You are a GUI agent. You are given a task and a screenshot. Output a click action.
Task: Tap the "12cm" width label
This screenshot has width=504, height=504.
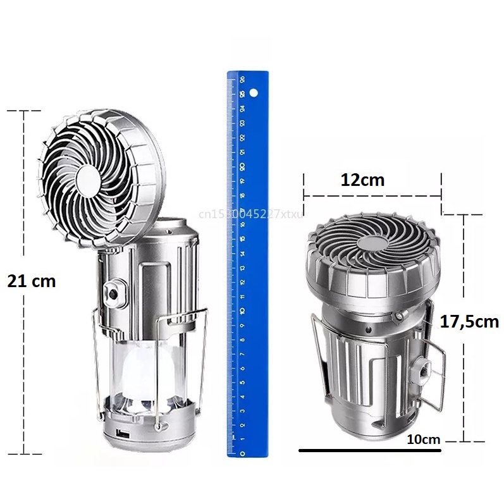click(362, 180)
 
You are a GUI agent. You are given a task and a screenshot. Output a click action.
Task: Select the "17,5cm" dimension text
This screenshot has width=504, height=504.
click(469, 321)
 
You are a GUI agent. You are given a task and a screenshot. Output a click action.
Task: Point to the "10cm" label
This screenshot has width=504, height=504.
click(423, 439)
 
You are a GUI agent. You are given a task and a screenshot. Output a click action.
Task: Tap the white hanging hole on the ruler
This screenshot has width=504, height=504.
click(253, 94)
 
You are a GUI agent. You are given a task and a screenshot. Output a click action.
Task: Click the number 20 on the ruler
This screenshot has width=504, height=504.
click(243, 166)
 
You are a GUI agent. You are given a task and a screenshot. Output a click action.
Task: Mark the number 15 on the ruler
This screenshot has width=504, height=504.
click(242, 238)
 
